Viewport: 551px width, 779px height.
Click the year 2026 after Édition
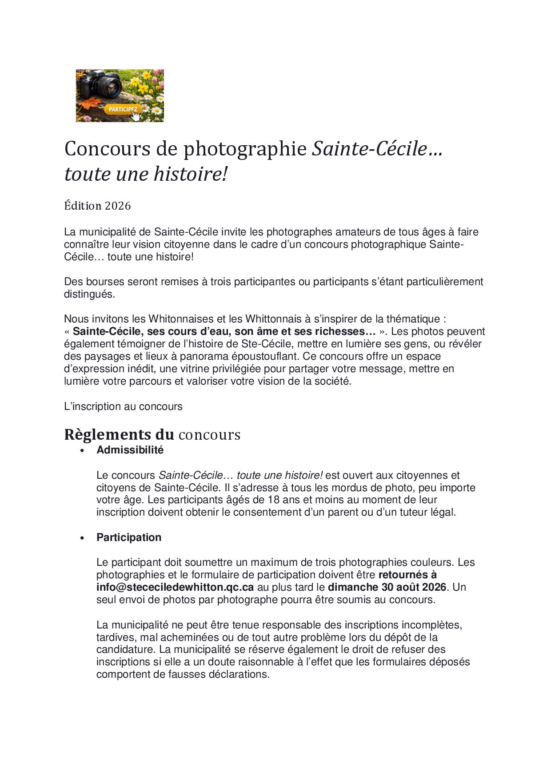click(x=118, y=206)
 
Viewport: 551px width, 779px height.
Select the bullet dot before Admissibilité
click(x=82, y=451)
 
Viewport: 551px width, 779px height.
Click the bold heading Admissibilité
click(x=130, y=450)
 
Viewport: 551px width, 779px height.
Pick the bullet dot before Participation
click(x=82, y=538)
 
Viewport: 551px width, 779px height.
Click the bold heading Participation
click(x=129, y=537)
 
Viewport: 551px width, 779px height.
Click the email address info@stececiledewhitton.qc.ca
click(x=175, y=587)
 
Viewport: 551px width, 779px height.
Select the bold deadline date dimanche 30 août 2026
click(x=387, y=587)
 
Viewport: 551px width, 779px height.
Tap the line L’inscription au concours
click(x=123, y=406)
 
